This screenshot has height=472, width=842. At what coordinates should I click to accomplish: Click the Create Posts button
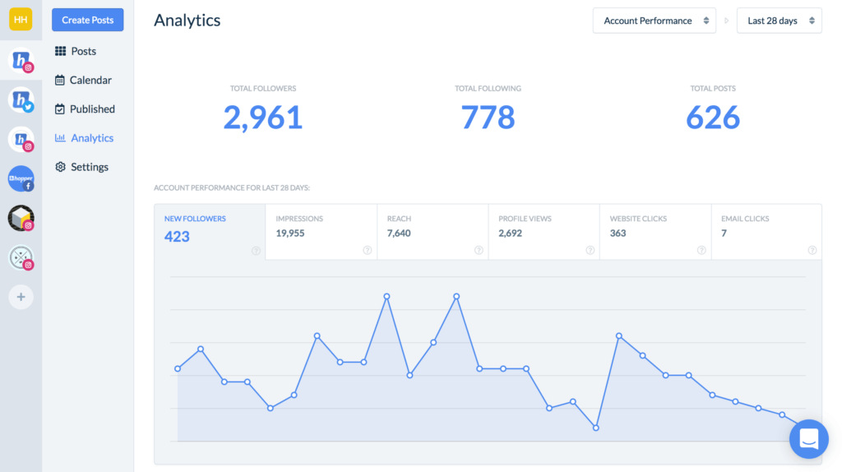tap(87, 20)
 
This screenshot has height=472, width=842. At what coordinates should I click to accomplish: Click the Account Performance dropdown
tap(655, 21)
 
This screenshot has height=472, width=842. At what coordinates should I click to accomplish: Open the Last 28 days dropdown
tap(779, 21)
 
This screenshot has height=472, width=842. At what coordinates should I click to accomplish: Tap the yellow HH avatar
tap(21, 20)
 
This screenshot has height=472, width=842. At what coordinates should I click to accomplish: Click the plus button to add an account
tap(21, 297)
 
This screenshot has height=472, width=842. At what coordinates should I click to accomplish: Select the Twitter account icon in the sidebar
tap(21, 100)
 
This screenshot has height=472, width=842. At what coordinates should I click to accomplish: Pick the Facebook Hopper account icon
tap(21, 178)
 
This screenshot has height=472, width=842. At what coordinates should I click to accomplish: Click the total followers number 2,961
tap(262, 118)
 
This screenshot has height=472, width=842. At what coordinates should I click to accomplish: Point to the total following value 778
tap(488, 118)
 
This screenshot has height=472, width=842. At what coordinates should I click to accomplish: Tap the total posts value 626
tap(713, 118)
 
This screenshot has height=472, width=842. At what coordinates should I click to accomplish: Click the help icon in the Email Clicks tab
tap(812, 250)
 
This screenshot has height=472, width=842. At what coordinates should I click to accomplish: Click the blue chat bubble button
tap(808, 438)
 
